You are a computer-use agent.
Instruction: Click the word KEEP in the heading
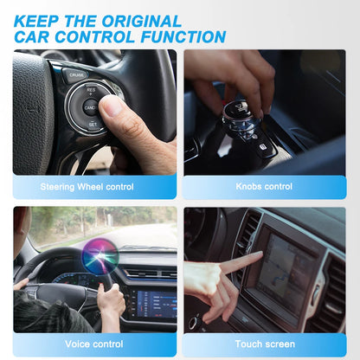(39, 21)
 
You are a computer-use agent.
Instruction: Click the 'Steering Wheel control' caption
(87, 186)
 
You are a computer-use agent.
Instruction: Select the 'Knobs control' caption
(264, 186)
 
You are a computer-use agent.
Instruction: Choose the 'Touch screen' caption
(264, 344)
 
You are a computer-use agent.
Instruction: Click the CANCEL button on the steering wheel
(90, 107)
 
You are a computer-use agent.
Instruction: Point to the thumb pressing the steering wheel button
(112, 107)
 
